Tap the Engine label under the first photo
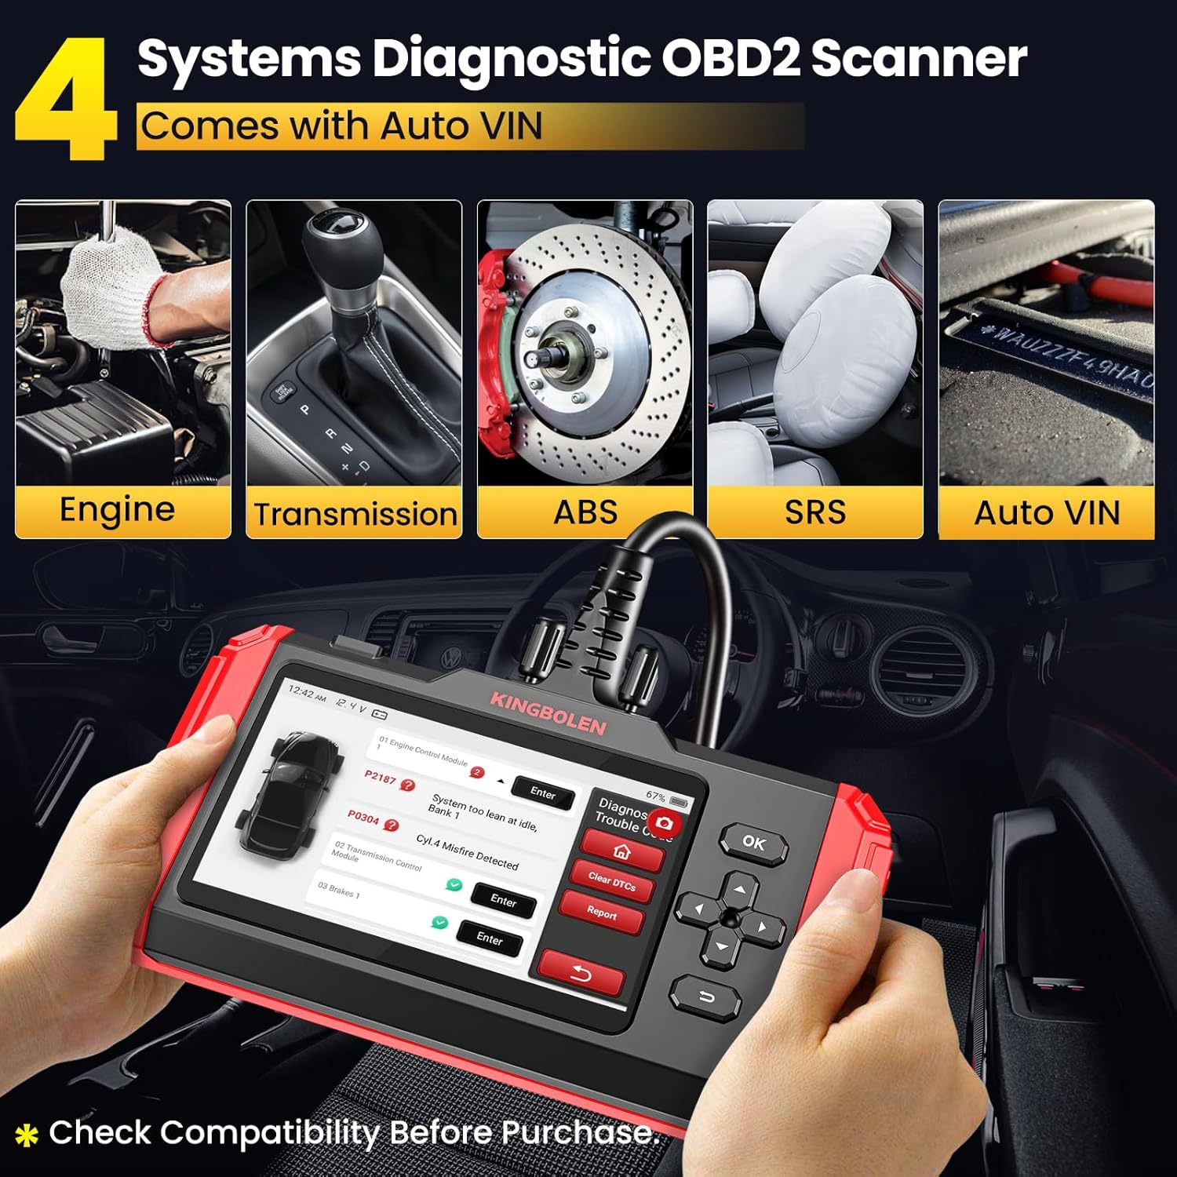[x=117, y=510]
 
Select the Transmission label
[x=355, y=515]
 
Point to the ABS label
[x=585, y=512]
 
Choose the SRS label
[x=815, y=512]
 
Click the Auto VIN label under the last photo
[x=1047, y=513]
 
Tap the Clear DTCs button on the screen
[x=612, y=881]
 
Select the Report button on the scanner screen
[x=602, y=912]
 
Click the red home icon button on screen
[x=621, y=851]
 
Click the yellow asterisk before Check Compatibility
[x=27, y=1135]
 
